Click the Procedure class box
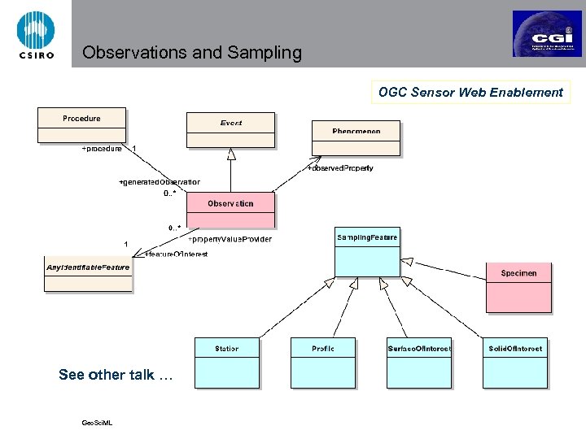tap(81, 125)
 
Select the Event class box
tap(230, 130)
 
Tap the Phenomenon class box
tap(356, 137)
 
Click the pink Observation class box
tap(230, 210)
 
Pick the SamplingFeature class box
tap(367, 251)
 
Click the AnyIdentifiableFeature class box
tap(87, 274)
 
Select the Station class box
tap(226, 361)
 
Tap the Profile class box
tap(322, 361)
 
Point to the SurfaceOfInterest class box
tap(418, 361)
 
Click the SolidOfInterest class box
tap(514, 361)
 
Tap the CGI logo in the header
tap(547, 33)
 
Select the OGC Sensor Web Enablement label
tap(470, 92)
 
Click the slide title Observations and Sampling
tap(192, 54)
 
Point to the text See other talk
tap(116, 375)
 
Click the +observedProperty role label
tap(340, 167)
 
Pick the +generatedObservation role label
tap(160, 181)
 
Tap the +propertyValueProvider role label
tap(230, 239)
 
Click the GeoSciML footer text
tap(97, 423)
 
